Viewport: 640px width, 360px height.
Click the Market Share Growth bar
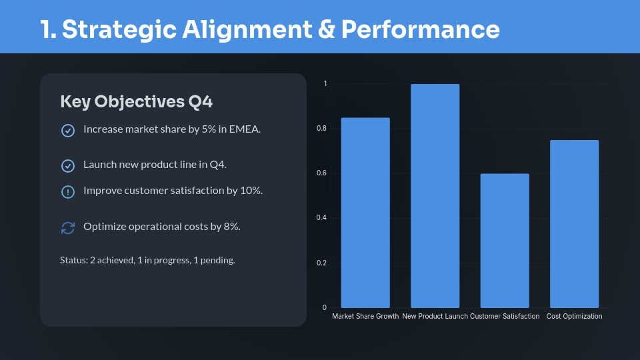pos(365,213)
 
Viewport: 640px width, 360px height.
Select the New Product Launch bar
pos(435,196)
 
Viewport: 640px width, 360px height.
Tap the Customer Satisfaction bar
pos(505,241)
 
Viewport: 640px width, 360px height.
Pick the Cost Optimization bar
pos(574,224)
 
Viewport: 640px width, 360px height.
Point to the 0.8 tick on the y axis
pos(321,129)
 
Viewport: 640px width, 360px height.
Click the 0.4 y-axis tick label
pos(321,218)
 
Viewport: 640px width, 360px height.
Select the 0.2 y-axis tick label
pos(321,263)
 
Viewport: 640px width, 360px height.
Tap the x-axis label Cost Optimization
pos(574,316)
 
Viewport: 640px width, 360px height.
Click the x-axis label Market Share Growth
pos(365,316)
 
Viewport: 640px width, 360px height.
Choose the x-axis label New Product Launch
pos(435,316)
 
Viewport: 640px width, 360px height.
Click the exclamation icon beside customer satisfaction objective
pos(68,192)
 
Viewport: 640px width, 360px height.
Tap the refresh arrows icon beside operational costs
pos(68,228)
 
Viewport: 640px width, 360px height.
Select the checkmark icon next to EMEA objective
pos(68,131)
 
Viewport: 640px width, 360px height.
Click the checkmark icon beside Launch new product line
pos(68,166)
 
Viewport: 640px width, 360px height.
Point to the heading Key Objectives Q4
pos(136,102)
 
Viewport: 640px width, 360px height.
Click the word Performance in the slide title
pos(421,29)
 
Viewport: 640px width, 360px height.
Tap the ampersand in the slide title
pos(326,29)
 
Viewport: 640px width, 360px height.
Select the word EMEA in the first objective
pos(245,129)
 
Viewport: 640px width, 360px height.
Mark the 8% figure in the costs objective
pos(232,227)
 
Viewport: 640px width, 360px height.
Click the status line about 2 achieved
pos(147,261)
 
